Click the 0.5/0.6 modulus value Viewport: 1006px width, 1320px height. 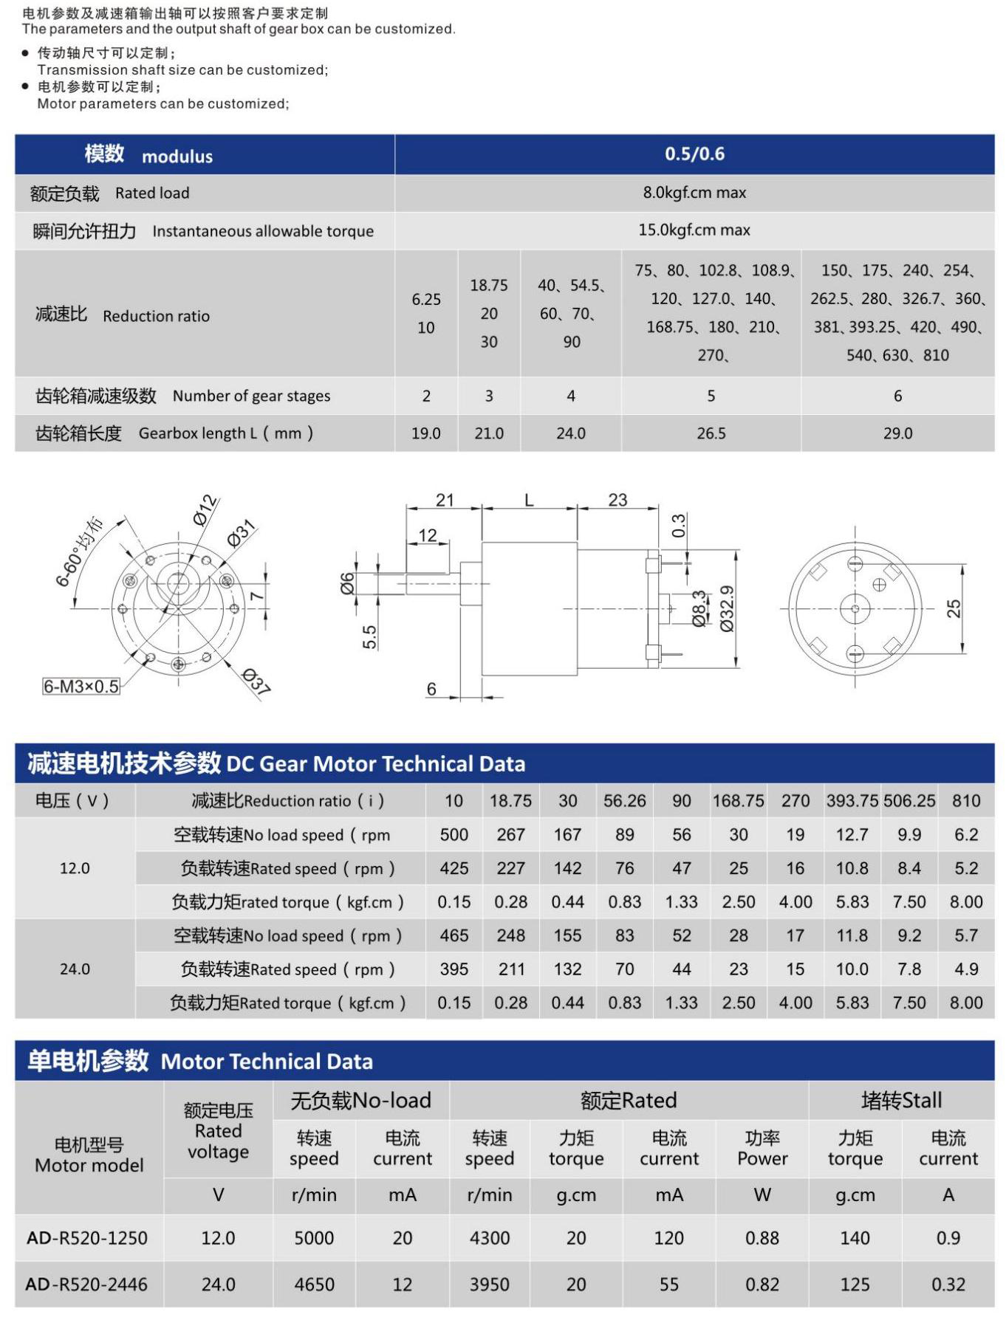[694, 154]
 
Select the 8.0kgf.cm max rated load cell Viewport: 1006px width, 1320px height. [694, 193]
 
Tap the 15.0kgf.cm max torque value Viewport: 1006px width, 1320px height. [694, 230]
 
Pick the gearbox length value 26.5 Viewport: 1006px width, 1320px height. [711, 433]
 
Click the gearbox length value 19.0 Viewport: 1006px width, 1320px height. [426, 433]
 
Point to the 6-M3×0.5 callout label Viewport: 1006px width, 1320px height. [81, 687]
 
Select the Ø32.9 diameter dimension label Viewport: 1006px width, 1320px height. [727, 609]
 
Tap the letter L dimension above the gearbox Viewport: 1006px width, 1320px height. [529, 501]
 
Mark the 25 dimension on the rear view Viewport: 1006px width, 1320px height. [954, 608]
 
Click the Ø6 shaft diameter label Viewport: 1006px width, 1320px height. [347, 583]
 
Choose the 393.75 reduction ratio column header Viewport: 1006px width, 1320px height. [852, 801]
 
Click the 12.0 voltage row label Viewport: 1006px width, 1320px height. [75, 868]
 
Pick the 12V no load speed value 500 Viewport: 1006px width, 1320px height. [454, 835]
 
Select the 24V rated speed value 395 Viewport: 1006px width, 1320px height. [454, 969]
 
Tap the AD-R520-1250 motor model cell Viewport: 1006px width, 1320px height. [87, 1238]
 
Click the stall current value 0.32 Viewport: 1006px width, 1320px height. [948, 1285]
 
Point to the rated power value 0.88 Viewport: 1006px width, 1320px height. [762, 1238]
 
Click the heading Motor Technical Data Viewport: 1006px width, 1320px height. [267, 1062]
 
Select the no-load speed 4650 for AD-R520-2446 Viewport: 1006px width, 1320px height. [314, 1285]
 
